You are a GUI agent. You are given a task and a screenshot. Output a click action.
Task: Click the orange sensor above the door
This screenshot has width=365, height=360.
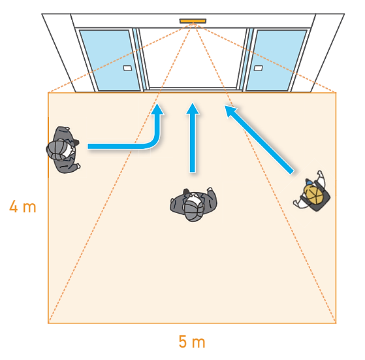pyautogui.click(x=193, y=21)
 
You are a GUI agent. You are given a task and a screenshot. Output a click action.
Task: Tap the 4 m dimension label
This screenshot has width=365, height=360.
pyautogui.click(x=23, y=206)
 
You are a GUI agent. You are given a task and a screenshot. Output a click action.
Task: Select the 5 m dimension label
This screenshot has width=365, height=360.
pyautogui.click(x=192, y=341)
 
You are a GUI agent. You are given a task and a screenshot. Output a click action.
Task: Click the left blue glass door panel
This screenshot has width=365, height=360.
pyautogui.click(x=110, y=60)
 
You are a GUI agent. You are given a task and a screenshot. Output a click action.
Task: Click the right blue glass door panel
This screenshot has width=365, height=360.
pyautogui.click(x=277, y=60)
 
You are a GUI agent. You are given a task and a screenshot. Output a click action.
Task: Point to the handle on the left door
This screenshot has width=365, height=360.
pyautogui.click(x=127, y=68)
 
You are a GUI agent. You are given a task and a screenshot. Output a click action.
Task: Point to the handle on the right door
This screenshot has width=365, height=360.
pyautogui.click(x=258, y=68)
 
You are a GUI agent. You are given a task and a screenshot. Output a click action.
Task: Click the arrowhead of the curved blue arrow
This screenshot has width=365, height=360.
pyautogui.click(x=157, y=110)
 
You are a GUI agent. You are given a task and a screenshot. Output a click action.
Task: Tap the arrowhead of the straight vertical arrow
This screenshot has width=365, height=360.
pyautogui.click(x=193, y=108)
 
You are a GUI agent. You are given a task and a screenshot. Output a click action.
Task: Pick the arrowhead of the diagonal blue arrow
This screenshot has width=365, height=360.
pyautogui.click(x=230, y=111)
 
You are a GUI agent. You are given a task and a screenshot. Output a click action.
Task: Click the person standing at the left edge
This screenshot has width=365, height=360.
pyautogui.click(x=63, y=150)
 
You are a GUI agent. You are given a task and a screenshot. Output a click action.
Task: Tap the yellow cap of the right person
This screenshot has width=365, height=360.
pyautogui.click(x=313, y=194)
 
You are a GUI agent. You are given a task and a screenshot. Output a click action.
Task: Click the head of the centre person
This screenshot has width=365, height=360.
pyautogui.click(x=193, y=210)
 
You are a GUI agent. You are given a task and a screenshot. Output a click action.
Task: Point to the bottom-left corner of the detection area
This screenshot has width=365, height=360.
pyautogui.click(x=48, y=323)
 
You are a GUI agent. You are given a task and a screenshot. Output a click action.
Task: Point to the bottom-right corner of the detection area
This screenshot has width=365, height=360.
pyautogui.click(x=336, y=323)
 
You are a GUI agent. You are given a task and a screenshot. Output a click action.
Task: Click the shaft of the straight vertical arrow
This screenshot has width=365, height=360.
pyautogui.click(x=193, y=143)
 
